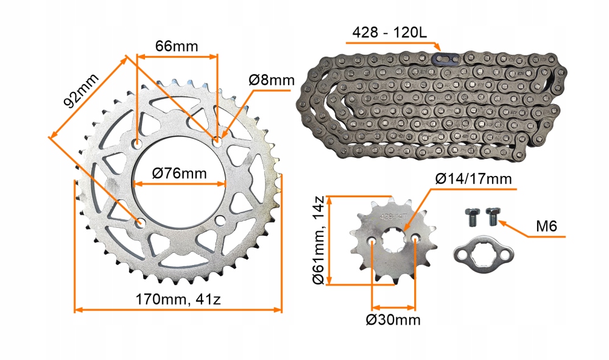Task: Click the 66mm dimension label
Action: (x=177, y=46)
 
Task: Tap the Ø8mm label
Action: (x=272, y=80)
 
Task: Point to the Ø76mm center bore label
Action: (x=180, y=173)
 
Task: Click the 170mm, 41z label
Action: (x=178, y=300)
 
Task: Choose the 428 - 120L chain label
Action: (x=389, y=32)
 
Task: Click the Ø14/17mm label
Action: (x=473, y=178)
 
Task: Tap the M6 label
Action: (x=546, y=226)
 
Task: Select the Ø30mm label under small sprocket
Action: (x=393, y=320)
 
